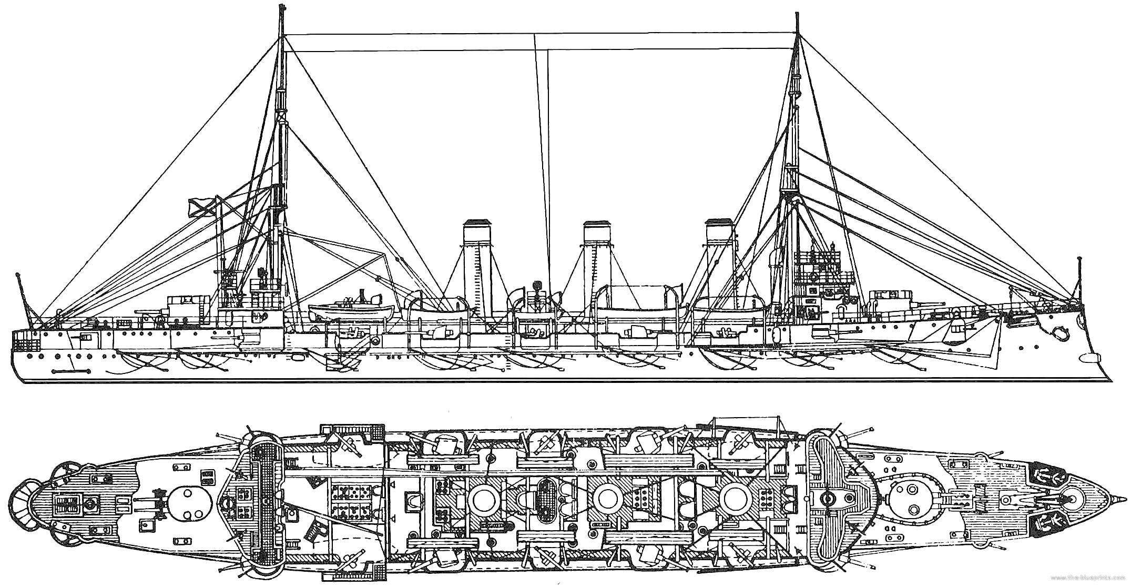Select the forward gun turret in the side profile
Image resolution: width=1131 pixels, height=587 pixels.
click(889, 303)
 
